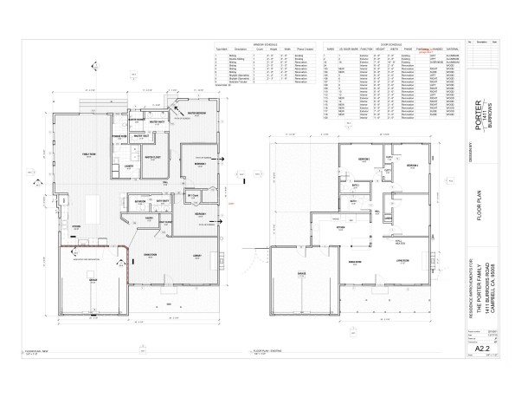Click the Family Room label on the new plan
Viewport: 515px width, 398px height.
pos(87,153)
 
